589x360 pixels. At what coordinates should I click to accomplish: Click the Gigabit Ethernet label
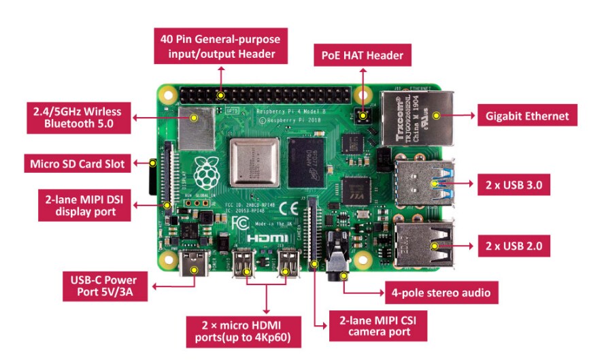tap(526, 116)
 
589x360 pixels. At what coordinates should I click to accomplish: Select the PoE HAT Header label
tap(362, 55)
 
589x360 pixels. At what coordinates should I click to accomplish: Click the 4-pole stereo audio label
tap(439, 293)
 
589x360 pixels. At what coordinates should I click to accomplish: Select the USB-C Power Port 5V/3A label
tap(103, 287)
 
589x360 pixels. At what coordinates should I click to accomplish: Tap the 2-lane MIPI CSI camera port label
tap(378, 325)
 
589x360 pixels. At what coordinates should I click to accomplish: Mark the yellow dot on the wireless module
tap(195, 118)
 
